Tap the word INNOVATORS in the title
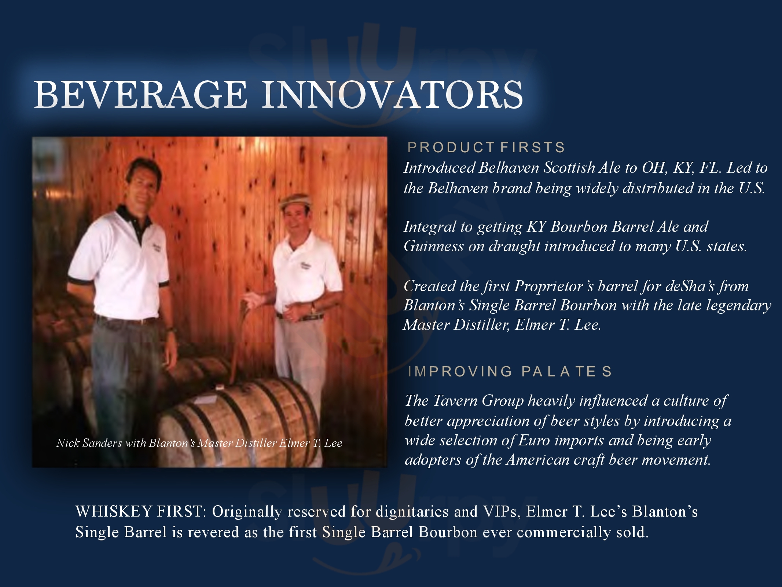coord(392,95)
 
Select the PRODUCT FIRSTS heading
coord(486,147)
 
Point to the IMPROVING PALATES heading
coord(510,372)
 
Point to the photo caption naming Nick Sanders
coord(199,443)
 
